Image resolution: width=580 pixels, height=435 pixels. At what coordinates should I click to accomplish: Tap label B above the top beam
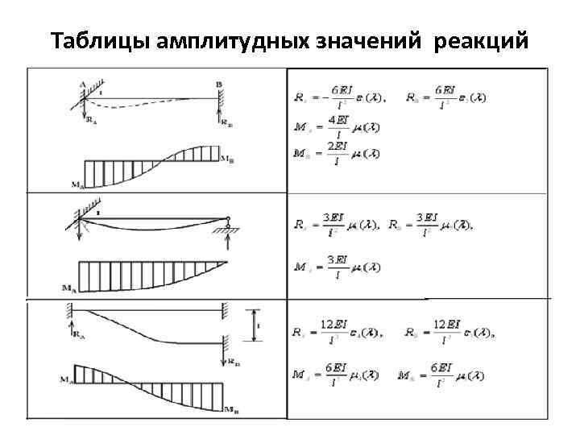[x=219, y=82]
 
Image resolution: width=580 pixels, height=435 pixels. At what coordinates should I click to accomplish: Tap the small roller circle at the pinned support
[x=228, y=218]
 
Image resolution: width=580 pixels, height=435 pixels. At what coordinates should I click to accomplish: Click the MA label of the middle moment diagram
[x=69, y=287]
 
